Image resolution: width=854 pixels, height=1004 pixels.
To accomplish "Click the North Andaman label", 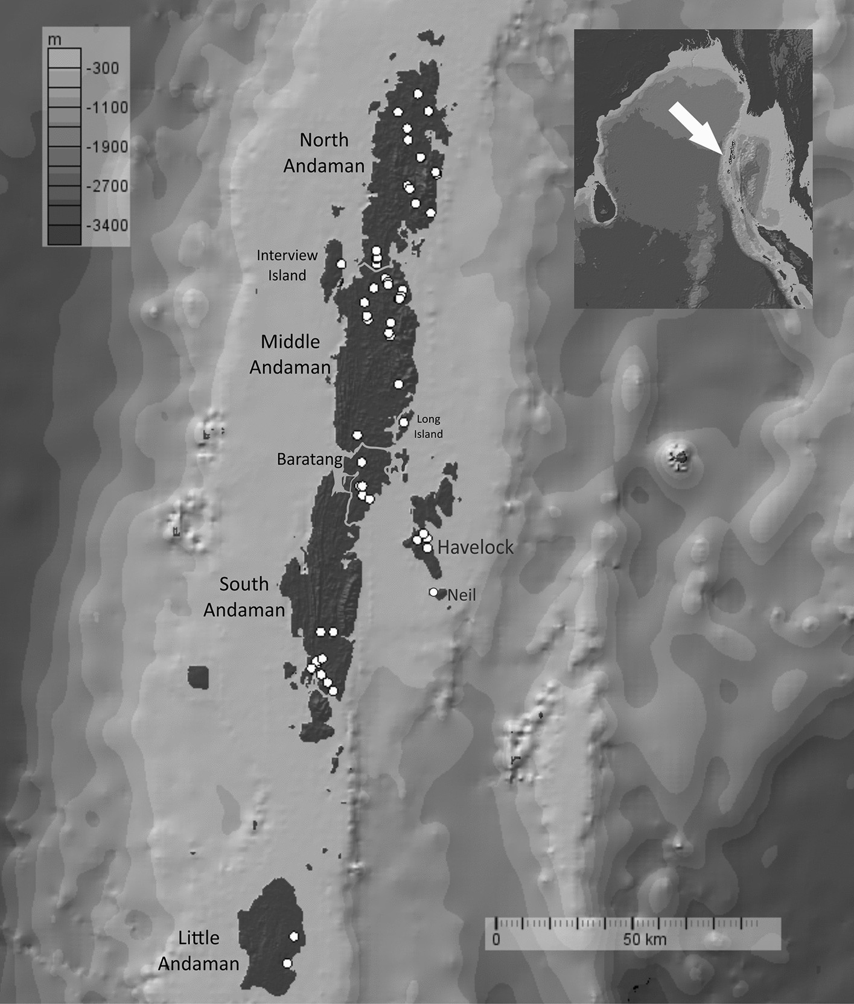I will [324, 153].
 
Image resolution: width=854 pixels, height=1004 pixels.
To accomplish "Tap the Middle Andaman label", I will [290, 354].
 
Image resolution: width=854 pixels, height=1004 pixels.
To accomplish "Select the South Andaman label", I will [244, 597].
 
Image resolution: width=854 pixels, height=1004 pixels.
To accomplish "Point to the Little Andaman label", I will [199, 950].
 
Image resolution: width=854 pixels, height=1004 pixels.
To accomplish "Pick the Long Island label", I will [429, 426].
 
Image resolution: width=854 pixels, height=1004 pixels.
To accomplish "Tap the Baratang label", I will [310, 459].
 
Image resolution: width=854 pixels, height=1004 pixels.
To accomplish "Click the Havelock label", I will [476, 547].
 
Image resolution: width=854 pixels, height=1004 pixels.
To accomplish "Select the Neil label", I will [462, 595].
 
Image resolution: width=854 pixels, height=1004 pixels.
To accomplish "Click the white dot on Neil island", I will [433, 592].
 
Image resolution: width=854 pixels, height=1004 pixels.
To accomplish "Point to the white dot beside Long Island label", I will [404, 422].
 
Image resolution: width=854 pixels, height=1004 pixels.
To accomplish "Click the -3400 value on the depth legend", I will [107, 226].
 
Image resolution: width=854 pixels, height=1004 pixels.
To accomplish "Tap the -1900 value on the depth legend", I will [107, 147].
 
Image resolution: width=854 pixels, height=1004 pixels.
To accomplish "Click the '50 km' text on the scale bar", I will [645, 939].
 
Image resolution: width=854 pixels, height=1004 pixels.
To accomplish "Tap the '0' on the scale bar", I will [496, 939].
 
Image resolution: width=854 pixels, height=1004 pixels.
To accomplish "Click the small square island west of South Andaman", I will [197, 677].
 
